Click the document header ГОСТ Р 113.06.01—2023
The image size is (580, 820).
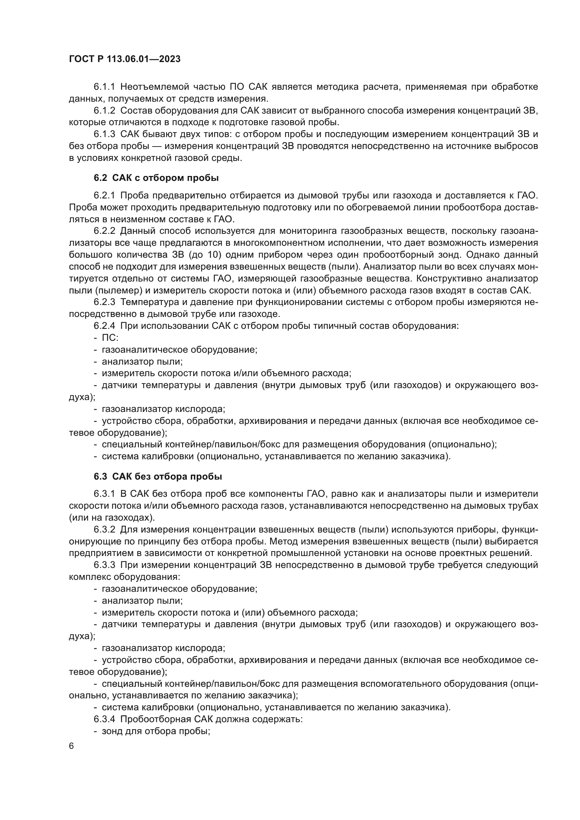point(124,59)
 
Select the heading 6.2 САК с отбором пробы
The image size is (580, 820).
point(156,178)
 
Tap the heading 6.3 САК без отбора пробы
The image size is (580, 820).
point(158,476)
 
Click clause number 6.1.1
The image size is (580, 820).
point(104,87)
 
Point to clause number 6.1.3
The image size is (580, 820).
point(104,134)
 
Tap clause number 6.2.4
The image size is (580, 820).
point(104,326)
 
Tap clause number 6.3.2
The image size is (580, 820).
point(104,529)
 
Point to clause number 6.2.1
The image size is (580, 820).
point(104,195)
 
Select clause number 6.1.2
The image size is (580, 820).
point(104,111)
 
